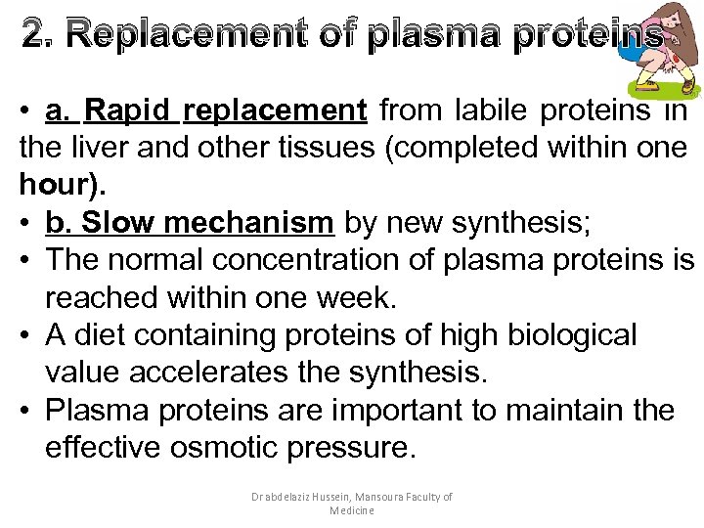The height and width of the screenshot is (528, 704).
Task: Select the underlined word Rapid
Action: click(x=127, y=111)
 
